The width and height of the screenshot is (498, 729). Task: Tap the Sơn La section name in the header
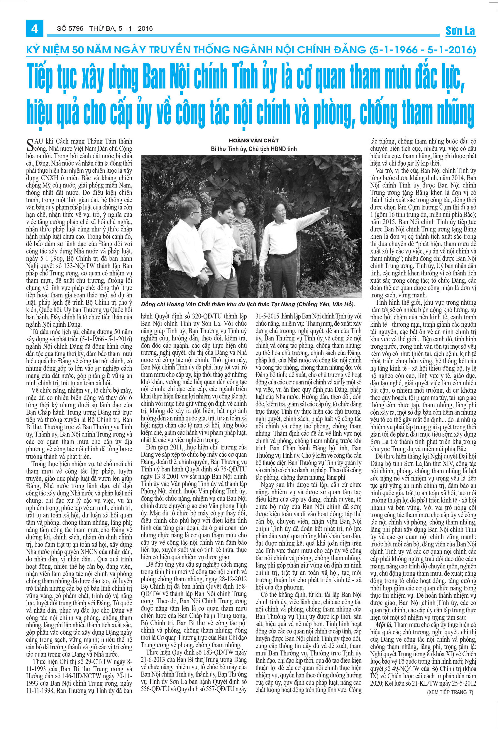click(460, 31)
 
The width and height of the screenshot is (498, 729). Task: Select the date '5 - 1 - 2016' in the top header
click(136, 28)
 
